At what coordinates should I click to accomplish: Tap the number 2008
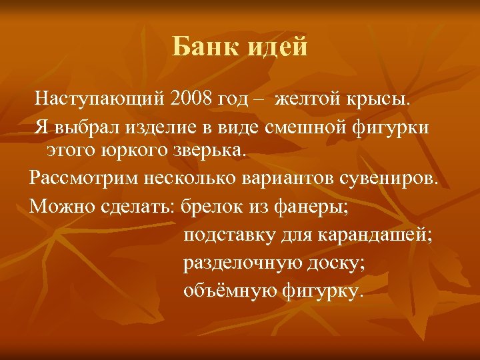point(193,100)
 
